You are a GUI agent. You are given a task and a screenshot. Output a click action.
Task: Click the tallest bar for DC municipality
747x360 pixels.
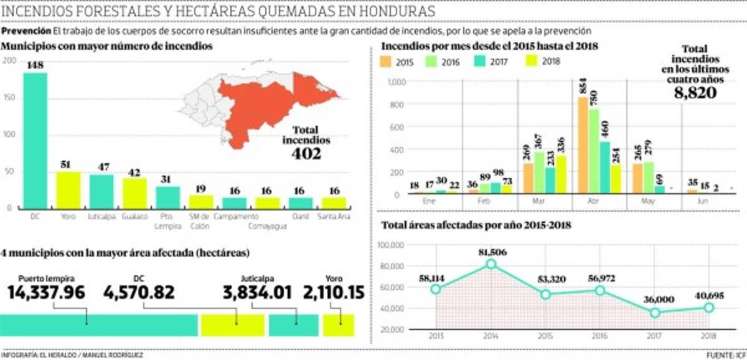click(x=35, y=141)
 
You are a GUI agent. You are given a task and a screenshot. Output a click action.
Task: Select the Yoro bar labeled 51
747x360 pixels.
click(x=68, y=190)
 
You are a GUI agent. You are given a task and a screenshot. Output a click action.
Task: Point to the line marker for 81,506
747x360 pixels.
click(x=491, y=264)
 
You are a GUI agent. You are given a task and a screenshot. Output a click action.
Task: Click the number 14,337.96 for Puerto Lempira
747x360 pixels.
click(x=47, y=291)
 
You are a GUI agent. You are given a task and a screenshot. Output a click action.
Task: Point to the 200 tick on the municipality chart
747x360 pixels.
click(x=9, y=60)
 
